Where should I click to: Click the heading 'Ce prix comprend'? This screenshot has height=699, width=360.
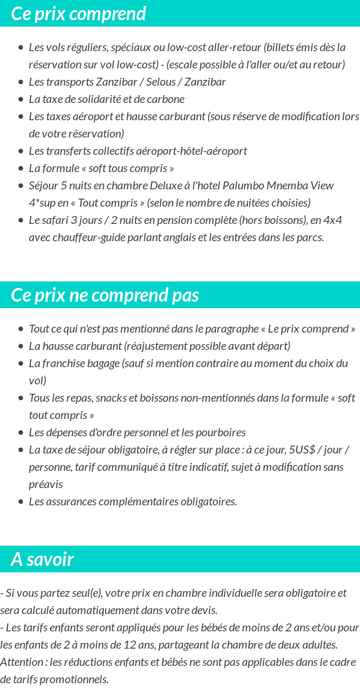click(78, 14)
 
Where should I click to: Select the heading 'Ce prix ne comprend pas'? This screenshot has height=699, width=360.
click(105, 295)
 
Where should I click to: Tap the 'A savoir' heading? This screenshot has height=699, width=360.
click(42, 559)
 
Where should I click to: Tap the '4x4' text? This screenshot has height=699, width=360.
click(333, 220)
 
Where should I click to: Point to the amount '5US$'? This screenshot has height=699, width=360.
click(302, 450)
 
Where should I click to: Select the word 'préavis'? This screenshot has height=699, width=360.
click(45, 484)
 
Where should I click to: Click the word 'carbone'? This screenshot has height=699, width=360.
click(165, 99)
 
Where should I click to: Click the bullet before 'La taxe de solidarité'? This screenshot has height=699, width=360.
click(20, 99)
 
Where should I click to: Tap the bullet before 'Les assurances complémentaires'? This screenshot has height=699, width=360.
click(20, 502)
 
